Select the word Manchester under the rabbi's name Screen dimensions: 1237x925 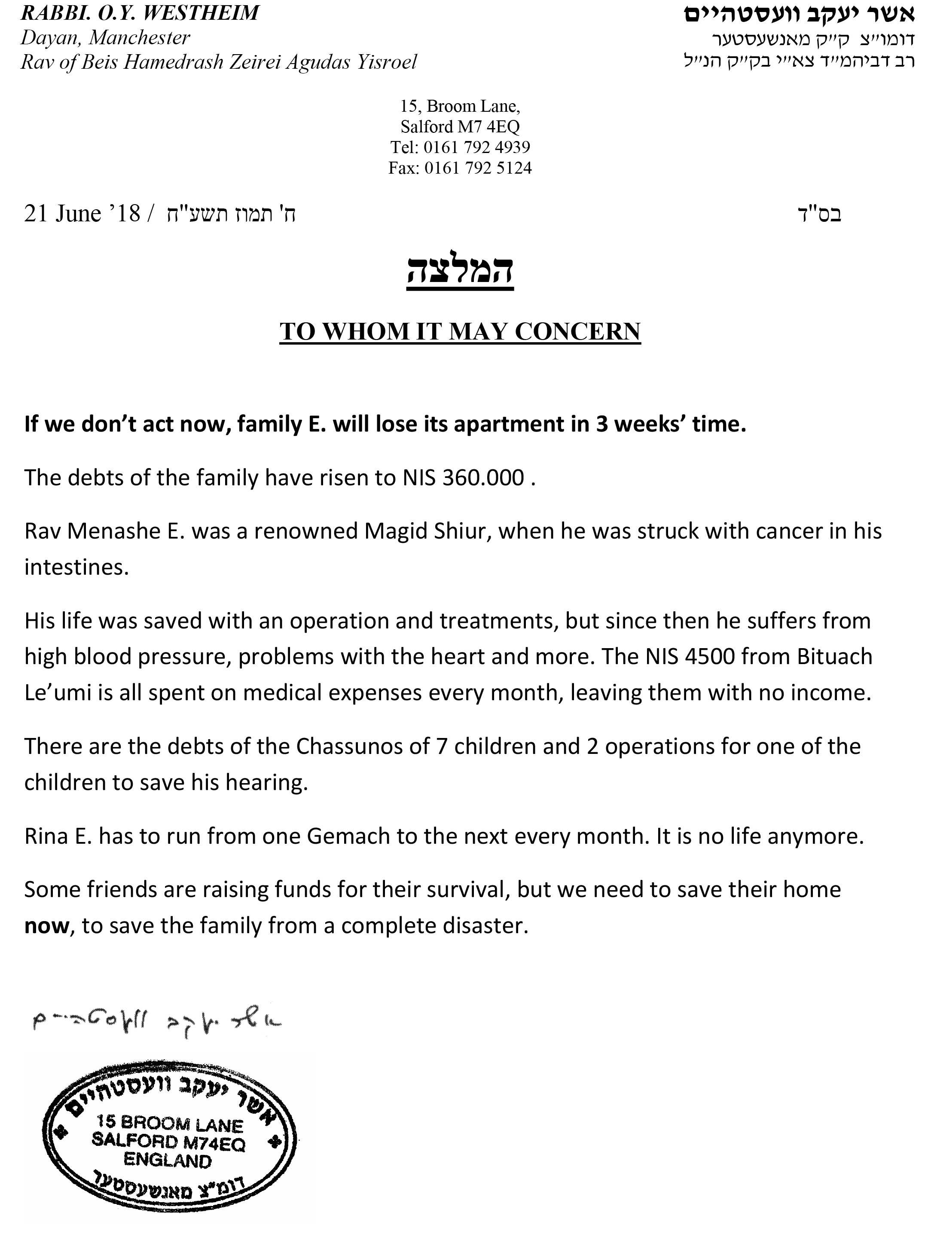[x=139, y=37]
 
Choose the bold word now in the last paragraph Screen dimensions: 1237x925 [x=46, y=926]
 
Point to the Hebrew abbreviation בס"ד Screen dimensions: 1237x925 [x=818, y=214]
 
